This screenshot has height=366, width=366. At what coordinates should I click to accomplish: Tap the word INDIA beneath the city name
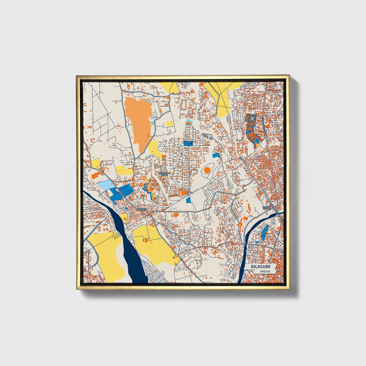[x=265, y=272]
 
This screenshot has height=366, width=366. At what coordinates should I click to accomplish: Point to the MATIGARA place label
[x=141, y=209]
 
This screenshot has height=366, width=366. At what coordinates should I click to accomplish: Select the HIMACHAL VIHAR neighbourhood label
[x=164, y=174]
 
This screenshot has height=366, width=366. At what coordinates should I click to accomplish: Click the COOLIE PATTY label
[x=266, y=208]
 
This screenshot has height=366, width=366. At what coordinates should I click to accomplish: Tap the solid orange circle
[x=207, y=170]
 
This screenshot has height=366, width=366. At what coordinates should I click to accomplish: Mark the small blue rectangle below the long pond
[x=257, y=242]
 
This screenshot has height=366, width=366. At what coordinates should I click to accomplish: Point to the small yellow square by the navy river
[x=124, y=217]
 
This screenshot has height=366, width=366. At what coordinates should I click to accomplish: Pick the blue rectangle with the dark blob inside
[x=188, y=143]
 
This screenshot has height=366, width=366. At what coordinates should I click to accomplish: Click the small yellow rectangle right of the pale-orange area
[x=170, y=124]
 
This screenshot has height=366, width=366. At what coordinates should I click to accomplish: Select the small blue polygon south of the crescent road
[x=188, y=200]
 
